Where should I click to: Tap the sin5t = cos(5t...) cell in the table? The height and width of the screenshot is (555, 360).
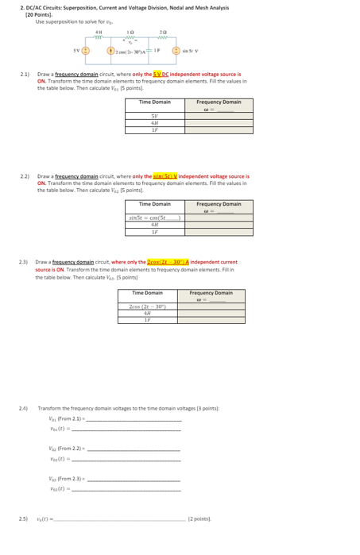(x=155, y=218)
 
